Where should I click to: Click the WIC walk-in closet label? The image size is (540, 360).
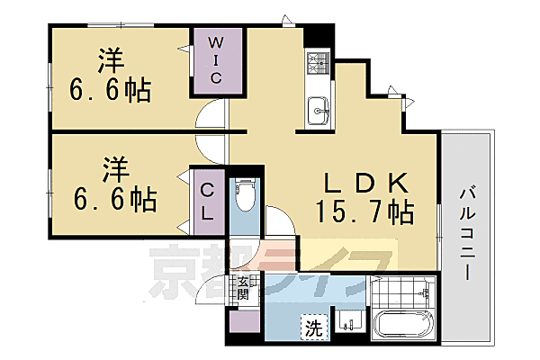coord(217,60)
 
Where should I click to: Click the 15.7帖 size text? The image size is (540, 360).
coord(365,213)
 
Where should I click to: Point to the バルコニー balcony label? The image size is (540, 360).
coord(468,232)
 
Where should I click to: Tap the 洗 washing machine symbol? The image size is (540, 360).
coord(312,326)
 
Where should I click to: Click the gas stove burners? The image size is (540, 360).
coord(319,63)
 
